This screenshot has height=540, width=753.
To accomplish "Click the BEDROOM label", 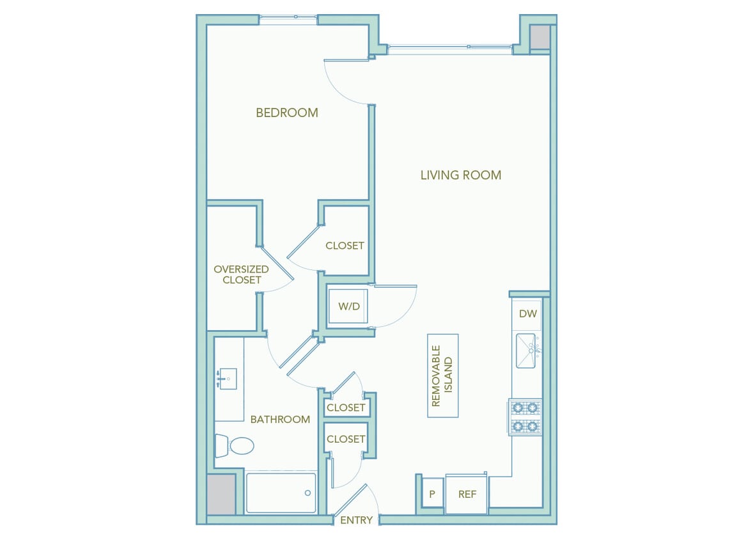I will [x=287, y=113].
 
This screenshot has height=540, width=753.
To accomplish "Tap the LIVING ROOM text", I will [x=460, y=175].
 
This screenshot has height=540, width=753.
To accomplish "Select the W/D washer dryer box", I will [x=348, y=307].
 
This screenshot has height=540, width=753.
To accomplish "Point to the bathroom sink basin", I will [x=226, y=379].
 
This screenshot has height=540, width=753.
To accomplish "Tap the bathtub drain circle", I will [x=307, y=493].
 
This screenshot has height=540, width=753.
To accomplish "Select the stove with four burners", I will [x=525, y=417].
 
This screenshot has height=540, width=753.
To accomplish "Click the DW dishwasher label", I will [x=527, y=314].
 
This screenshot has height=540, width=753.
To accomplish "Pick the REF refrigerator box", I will [x=467, y=494].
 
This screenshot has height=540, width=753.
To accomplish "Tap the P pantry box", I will [x=433, y=493].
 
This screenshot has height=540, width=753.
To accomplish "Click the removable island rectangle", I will [x=443, y=376].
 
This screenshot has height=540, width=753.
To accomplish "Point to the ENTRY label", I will [x=356, y=520].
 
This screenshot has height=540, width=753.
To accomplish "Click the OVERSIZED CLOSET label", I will [x=241, y=274].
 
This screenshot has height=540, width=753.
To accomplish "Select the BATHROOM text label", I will [x=280, y=420].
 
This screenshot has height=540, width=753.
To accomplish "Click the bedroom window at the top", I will [x=288, y=20].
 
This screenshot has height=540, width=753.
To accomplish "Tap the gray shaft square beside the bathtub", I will [x=221, y=493].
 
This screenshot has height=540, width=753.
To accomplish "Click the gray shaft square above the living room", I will [x=540, y=37].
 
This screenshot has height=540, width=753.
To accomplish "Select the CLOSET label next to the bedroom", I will [x=345, y=246].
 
